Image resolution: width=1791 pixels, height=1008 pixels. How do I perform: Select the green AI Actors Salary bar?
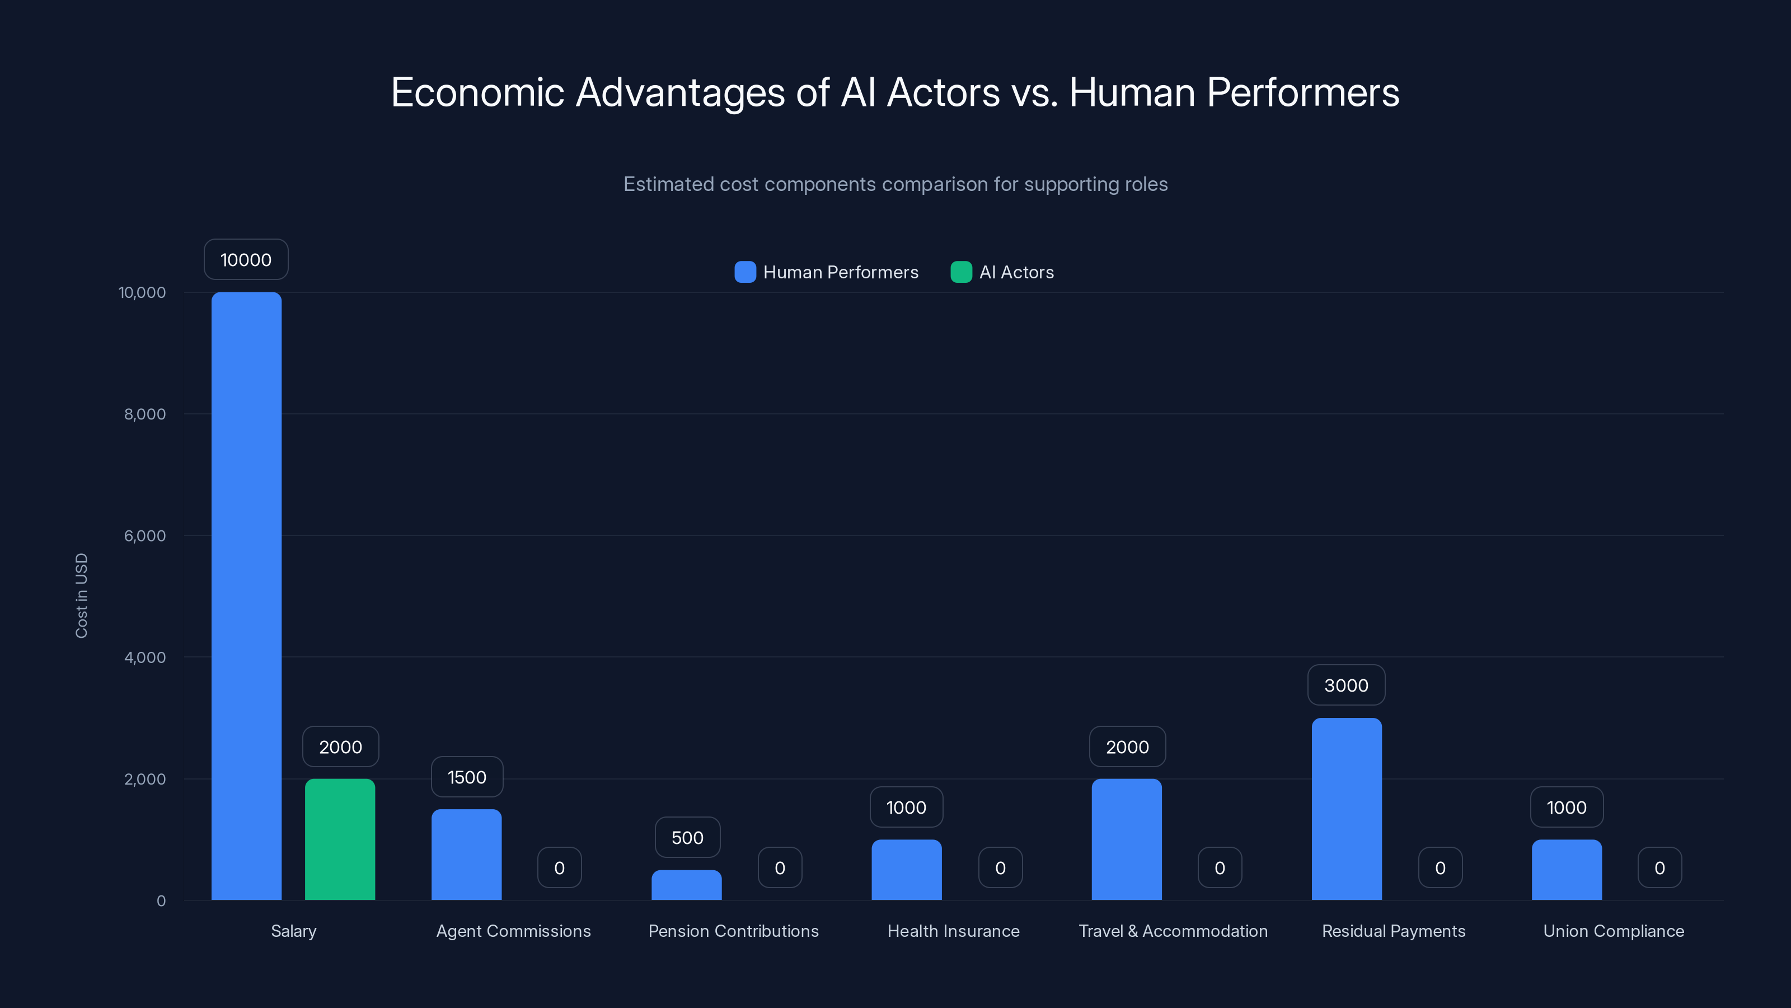pos(340,839)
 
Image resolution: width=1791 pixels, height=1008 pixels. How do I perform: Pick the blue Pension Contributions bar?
pos(686,885)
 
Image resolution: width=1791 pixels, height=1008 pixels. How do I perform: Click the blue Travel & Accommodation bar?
pos(1126,839)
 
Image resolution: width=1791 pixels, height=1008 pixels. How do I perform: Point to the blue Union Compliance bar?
pos(1567,870)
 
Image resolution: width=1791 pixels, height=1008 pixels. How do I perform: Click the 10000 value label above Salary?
pos(246,259)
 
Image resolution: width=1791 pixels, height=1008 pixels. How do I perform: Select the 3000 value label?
pos(1346,685)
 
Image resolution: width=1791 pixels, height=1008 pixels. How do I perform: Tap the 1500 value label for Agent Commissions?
pos(467,777)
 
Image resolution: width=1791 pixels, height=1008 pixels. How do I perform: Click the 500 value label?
pos(687,838)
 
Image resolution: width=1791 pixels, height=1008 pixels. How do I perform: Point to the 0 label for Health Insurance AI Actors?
pos(1000,867)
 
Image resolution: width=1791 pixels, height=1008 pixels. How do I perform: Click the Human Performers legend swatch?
pos(744,272)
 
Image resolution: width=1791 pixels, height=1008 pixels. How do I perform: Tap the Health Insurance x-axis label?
pos(953,931)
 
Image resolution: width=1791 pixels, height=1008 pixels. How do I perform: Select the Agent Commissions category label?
pos(513,931)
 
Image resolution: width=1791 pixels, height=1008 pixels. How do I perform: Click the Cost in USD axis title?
pos(81,595)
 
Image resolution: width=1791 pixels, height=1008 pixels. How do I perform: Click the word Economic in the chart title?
pos(477,92)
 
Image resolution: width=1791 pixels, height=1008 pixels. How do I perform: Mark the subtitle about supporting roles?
pos(895,184)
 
